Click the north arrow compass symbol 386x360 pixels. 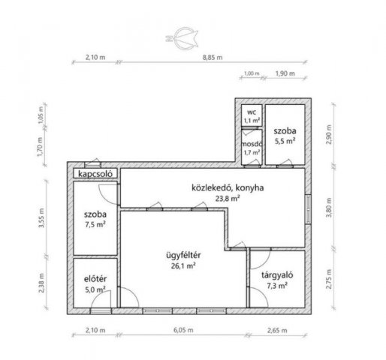pyautogui.click(x=182, y=38)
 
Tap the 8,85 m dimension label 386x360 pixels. pyautogui.click(x=213, y=57)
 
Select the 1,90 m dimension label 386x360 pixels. pyautogui.click(x=285, y=73)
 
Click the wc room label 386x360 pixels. pyautogui.click(x=252, y=112)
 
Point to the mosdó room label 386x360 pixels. pyautogui.click(x=252, y=144)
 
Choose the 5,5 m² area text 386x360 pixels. pyautogui.click(x=285, y=141)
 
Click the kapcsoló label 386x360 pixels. pyautogui.click(x=95, y=174)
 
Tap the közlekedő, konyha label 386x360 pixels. pyautogui.click(x=228, y=187)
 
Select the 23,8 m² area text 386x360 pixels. pyautogui.click(x=228, y=199)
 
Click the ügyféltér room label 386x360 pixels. pyautogui.click(x=183, y=255)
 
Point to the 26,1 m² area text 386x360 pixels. pyautogui.click(x=183, y=266)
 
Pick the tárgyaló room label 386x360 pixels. pyautogui.click(x=277, y=275)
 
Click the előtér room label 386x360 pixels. pyautogui.click(x=95, y=279)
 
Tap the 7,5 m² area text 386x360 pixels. pyautogui.click(x=95, y=224)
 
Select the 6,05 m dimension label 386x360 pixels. pyautogui.click(x=183, y=330)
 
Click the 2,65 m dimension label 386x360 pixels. pyautogui.click(x=277, y=331)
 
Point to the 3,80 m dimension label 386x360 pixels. pyautogui.click(x=329, y=208)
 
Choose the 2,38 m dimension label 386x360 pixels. pyautogui.click(x=42, y=283)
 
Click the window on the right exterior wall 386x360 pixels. pyautogui.click(x=309, y=209)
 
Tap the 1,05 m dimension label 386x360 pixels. pyautogui.click(x=41, y=115)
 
